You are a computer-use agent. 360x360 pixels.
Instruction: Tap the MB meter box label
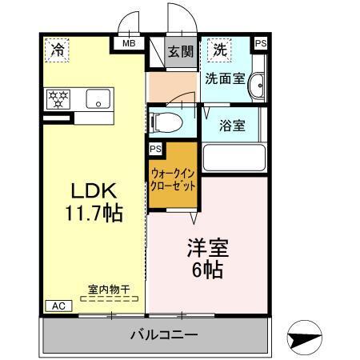(x=128, y=45)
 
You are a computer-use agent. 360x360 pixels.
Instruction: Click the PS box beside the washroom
(x=261, y=44)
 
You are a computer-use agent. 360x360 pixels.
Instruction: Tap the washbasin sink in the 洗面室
(x=256, y=86)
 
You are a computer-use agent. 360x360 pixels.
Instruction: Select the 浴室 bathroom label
(x=233, y=125)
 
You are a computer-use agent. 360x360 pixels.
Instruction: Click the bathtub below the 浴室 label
(x=234, y=157)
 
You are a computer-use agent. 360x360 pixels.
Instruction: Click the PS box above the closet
(x=154, y=149)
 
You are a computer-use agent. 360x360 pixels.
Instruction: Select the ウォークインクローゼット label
(x=173, y=178)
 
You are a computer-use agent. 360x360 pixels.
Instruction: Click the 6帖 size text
(x=206, y=270)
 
